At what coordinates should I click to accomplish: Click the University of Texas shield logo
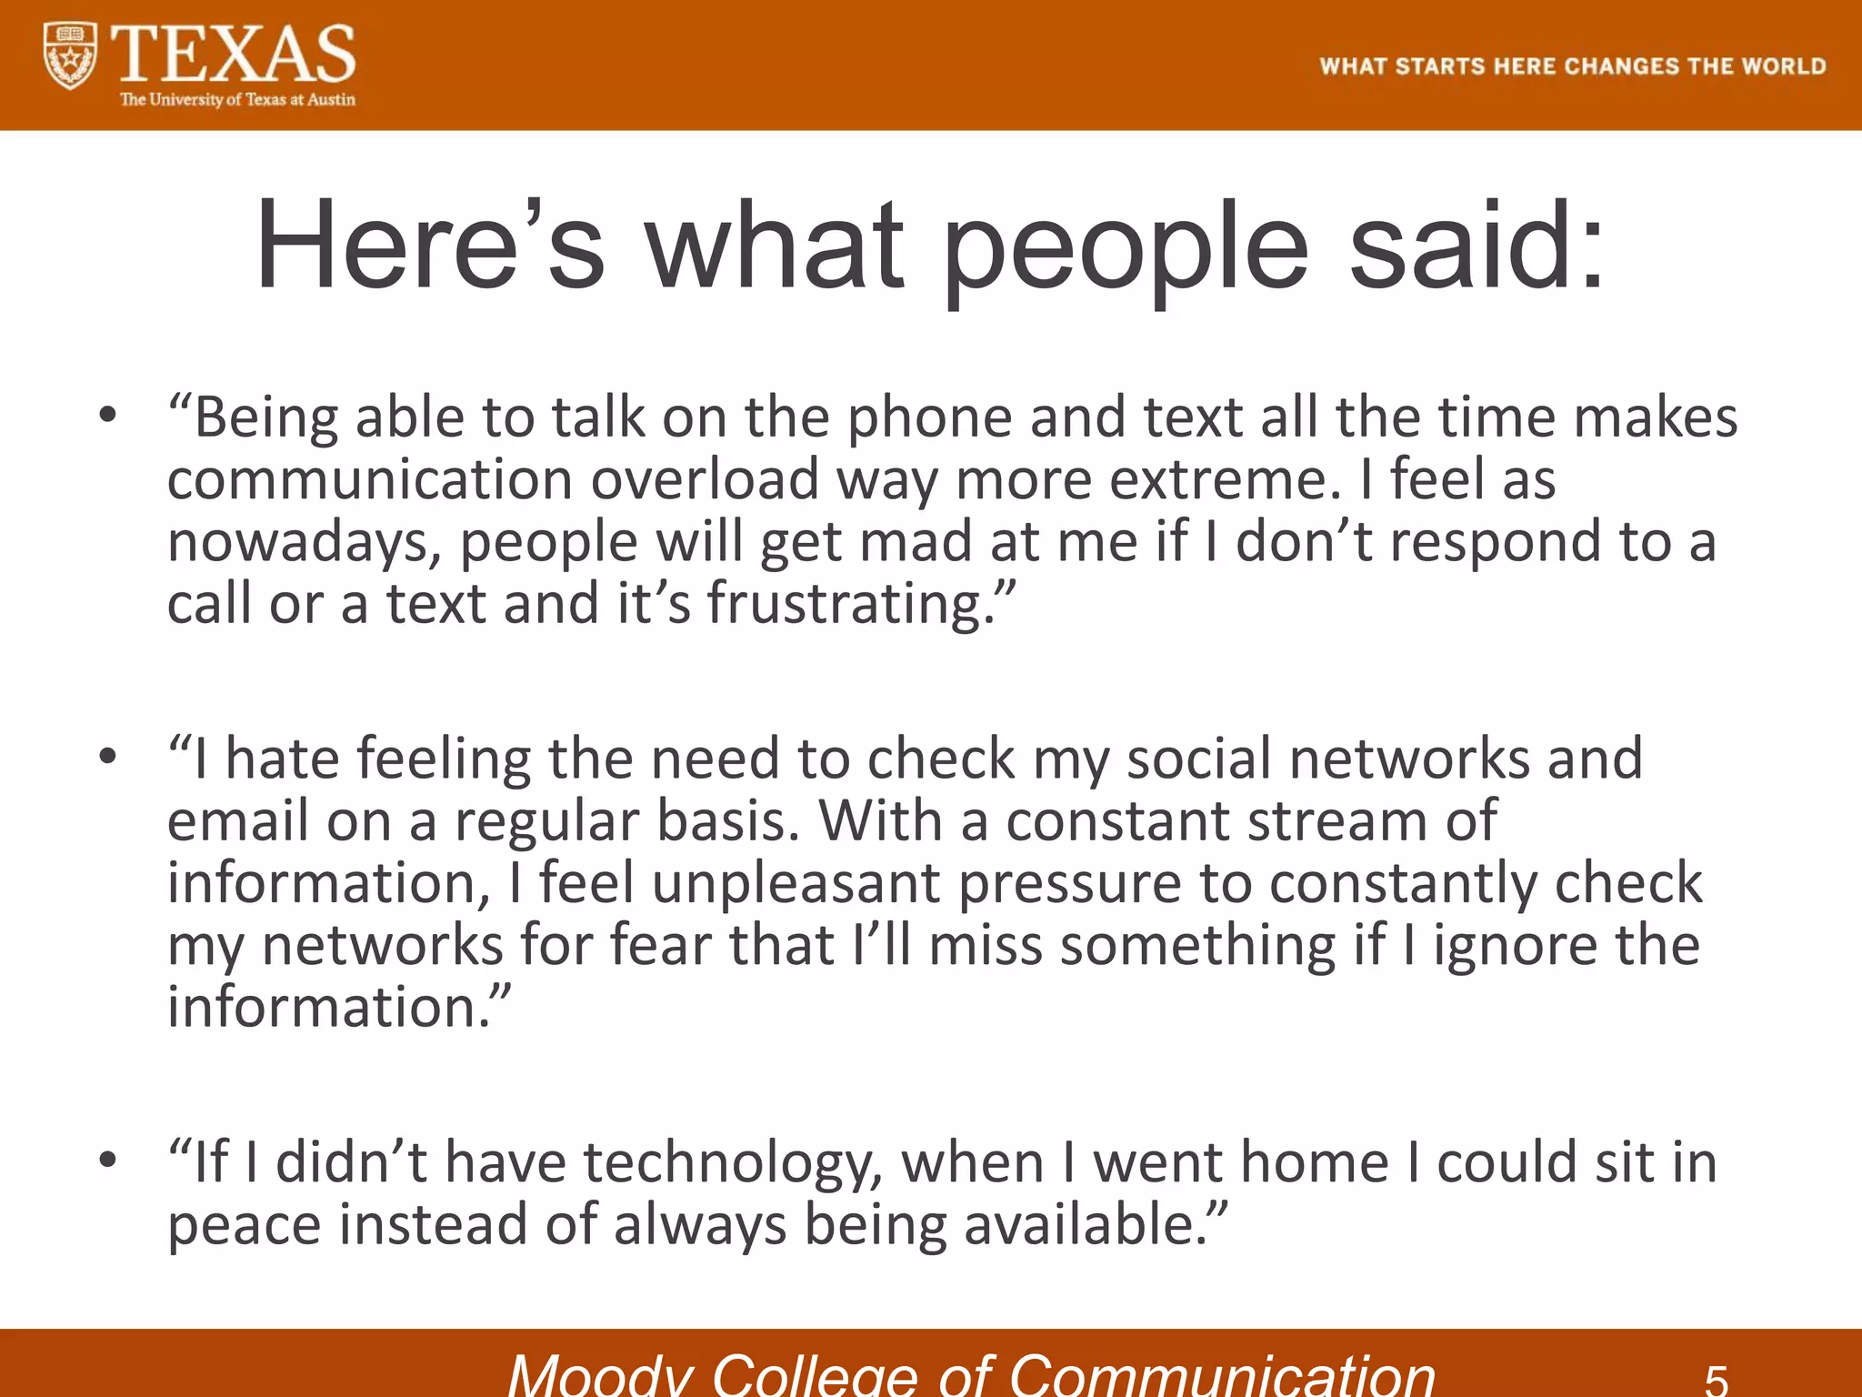pyautogui.click(x=70, y=56)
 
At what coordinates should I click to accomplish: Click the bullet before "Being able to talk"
pyautogui.click(x=108, y=416)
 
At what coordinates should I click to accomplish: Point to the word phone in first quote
pyautogui.click(x=929, y=419)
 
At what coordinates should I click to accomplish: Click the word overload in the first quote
pyautogui.click(x=705, y=480)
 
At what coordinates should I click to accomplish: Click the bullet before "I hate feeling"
pyautogui.click(x=108, y=757)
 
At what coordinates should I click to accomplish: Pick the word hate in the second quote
pyautogui.click(x=282, y=759)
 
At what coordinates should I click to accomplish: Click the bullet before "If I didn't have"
pyautogui.click(x=108, y=1161)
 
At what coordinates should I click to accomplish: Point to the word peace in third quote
pyautogui.click(x=245, y=1226)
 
